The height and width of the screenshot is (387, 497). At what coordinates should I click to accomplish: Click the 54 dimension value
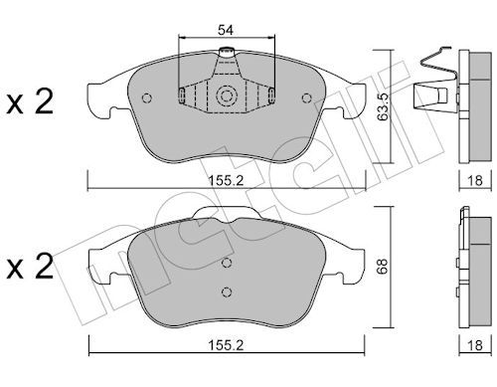(x=226, y=30)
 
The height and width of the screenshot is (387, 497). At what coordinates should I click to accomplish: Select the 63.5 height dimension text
(x=383, y=106)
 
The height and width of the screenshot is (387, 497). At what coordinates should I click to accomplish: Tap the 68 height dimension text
(x=383, y=267)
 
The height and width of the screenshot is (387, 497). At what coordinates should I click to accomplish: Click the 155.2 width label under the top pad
(x=226, y=181)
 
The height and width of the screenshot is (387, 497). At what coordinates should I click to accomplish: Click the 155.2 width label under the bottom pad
(x=226, y=345)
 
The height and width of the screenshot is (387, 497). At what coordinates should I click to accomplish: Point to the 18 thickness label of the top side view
(x=474, y=181)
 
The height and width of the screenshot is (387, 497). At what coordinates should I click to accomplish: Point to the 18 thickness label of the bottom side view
(x=474, y=345)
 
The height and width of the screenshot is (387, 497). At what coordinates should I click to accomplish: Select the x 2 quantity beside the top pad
(x=30, y=101)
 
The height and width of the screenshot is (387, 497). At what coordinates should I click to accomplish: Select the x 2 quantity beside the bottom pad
(x=30, y=267)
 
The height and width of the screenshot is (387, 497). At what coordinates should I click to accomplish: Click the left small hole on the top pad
(x=146, y=98)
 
